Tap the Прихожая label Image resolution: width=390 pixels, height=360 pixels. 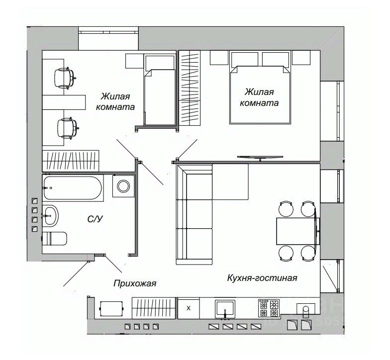point(135,284)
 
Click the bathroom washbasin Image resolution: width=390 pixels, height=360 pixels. point(50,215)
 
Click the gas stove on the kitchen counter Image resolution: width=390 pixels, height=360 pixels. point(269,308)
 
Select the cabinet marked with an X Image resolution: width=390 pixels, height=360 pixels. point(189,308)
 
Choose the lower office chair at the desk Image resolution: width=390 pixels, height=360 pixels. point(66,128)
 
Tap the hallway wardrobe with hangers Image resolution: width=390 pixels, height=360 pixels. point(154,308)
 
